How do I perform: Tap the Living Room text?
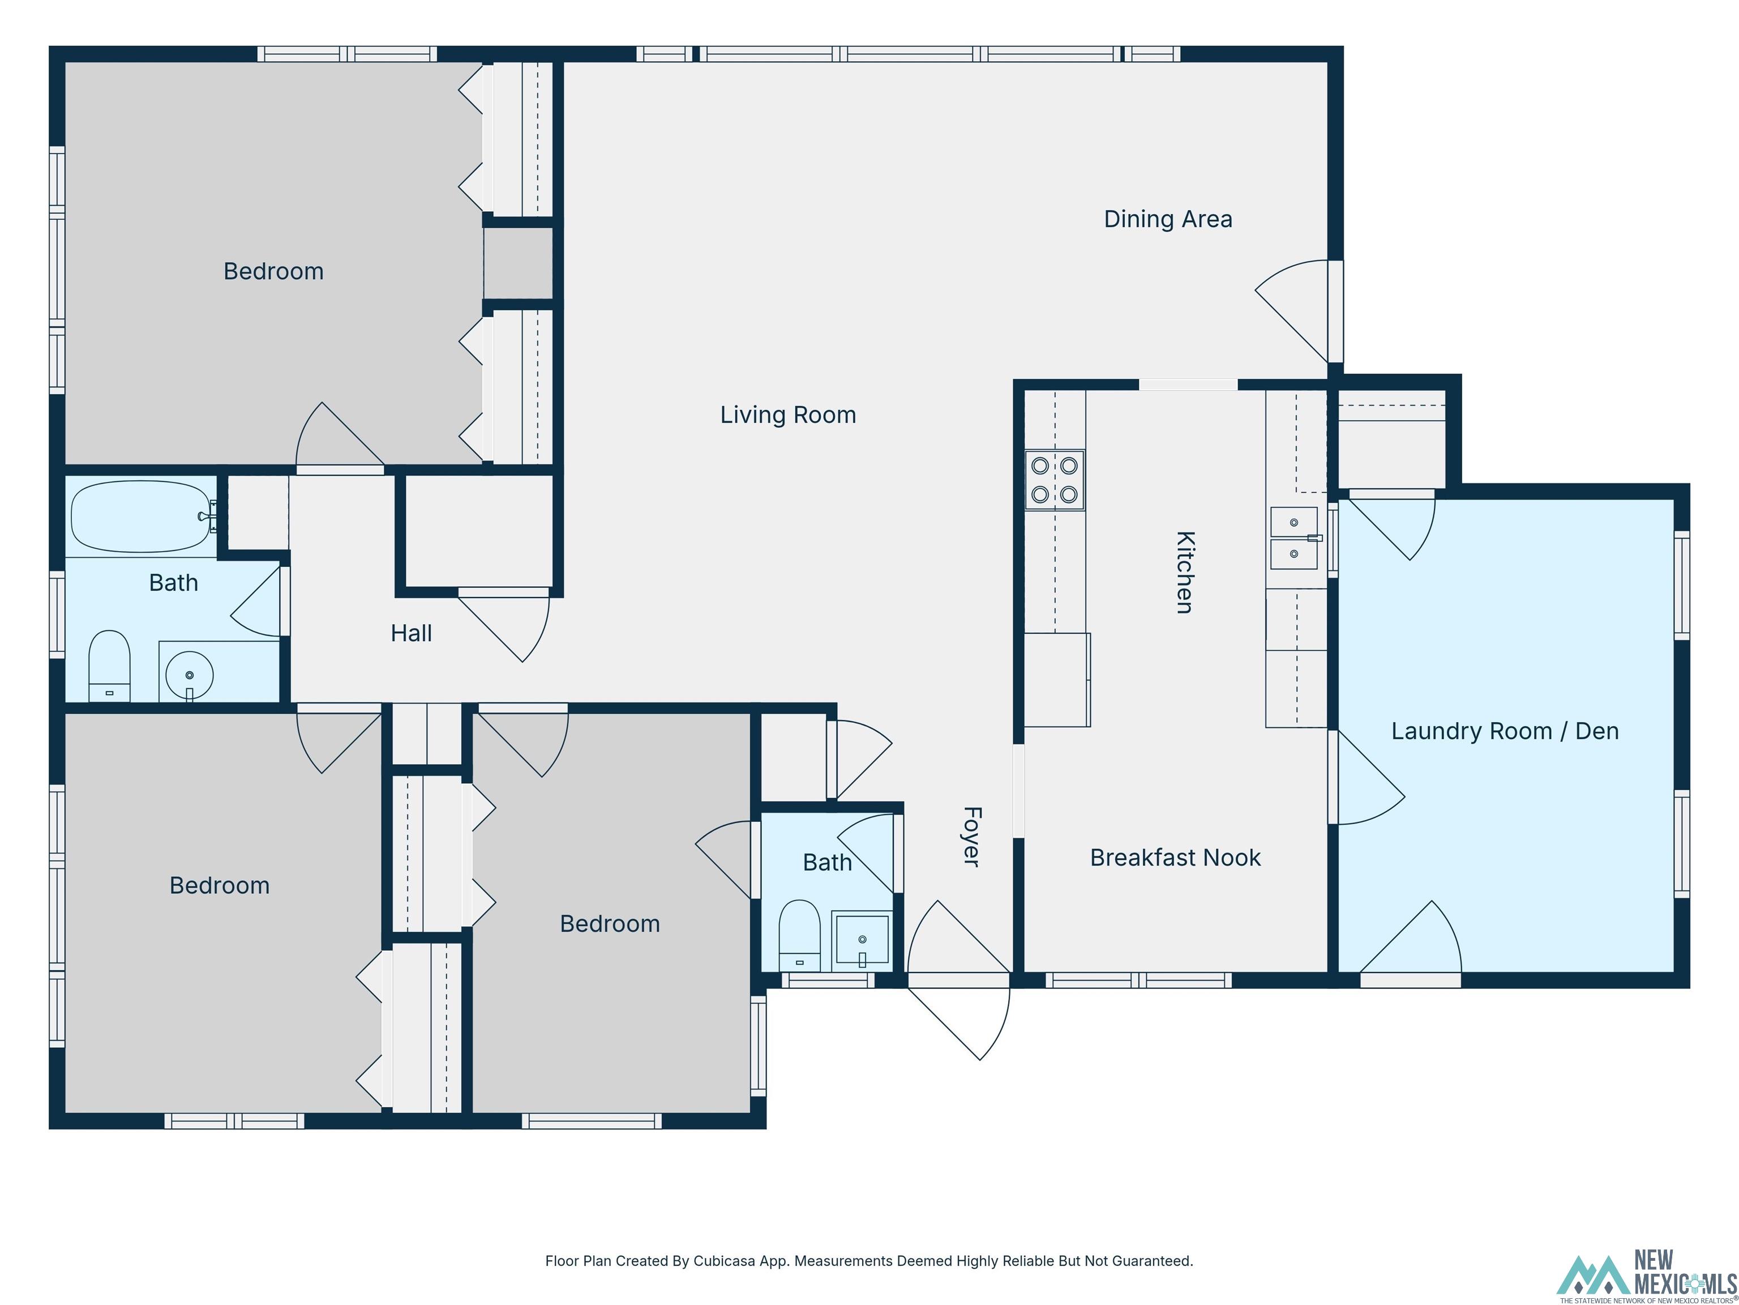788,415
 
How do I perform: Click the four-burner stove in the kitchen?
1054,480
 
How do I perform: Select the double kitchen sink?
1293,538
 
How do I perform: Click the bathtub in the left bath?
141,516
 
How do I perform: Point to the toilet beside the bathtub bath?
109,666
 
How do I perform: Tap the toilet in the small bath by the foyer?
799,935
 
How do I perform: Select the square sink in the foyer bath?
862,939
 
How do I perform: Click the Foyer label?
972,836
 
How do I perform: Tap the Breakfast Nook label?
1175,858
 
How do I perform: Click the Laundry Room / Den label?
1505,731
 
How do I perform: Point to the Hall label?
411,633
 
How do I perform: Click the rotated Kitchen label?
1185,572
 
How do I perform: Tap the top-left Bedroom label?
273,271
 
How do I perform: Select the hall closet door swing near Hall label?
507,625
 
